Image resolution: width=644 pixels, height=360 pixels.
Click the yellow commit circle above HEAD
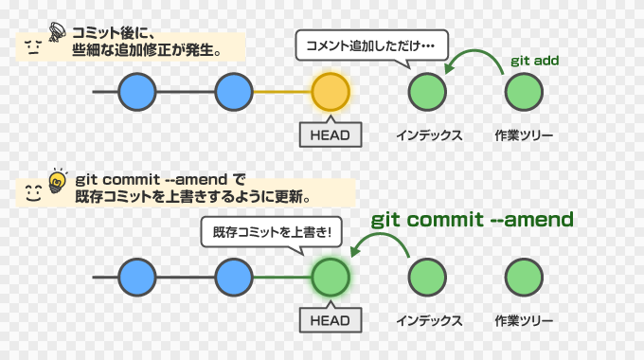[331, 92]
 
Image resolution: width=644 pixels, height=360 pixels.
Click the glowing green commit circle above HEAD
[331, 278]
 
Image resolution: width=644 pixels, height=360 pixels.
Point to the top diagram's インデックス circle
[427, 92]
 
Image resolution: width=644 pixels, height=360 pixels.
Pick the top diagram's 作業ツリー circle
[524, 92]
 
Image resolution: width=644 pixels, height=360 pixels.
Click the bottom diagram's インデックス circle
[427, 278]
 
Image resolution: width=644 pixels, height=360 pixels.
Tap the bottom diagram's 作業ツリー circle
[524, 278]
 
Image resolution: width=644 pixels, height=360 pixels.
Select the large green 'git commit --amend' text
[472, 220]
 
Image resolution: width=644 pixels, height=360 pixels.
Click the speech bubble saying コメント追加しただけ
[369, 44]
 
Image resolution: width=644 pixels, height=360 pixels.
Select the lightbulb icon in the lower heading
[57, 179]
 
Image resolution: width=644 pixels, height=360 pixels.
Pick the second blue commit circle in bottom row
[234, 278]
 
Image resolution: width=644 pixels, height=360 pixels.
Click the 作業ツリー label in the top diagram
[524, 135]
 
